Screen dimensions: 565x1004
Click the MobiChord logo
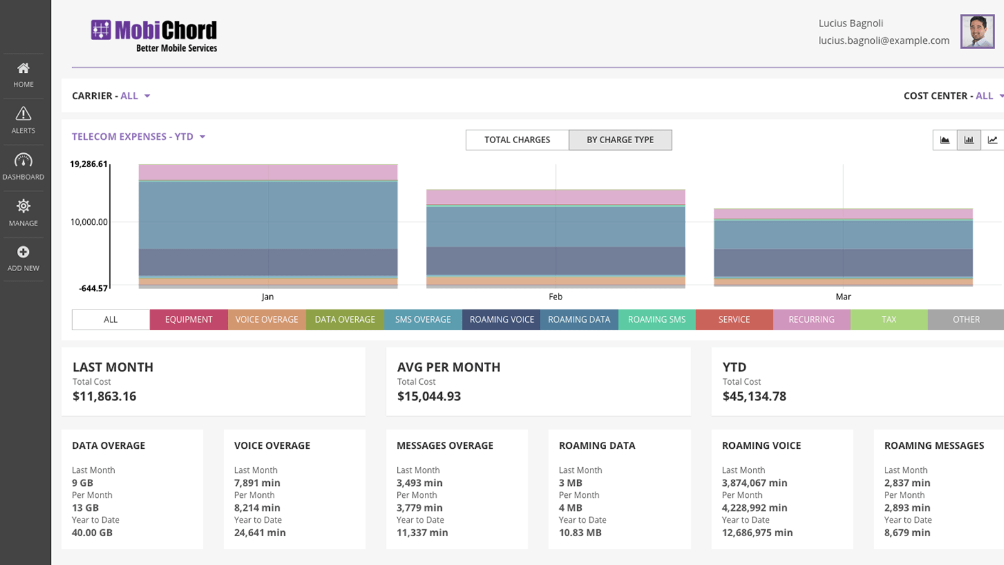pos(154,36)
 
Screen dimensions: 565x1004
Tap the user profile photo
pos(977,31)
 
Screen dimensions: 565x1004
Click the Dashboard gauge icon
pos(23,160)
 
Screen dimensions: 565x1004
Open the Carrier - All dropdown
pos(111,96)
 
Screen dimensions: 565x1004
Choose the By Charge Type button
pos(620,140)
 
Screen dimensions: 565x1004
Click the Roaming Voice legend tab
pos(501,320)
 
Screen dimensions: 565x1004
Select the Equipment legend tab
pos(188,320)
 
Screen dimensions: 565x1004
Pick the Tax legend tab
pos(889,320)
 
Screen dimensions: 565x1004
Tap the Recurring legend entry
pos(811,320)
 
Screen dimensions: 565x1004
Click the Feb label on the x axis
pos(555,297)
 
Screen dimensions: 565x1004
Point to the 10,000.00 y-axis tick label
pos(89,222)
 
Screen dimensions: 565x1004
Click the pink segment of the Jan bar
pos(268,173)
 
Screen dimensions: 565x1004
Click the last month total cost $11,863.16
pos(104,396)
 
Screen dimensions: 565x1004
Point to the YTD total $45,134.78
pos(754,396)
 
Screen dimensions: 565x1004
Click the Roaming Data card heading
pos(597,446)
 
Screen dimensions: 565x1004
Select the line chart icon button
pos(992,140)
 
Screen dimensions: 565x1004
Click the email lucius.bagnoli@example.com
pos(884,41)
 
